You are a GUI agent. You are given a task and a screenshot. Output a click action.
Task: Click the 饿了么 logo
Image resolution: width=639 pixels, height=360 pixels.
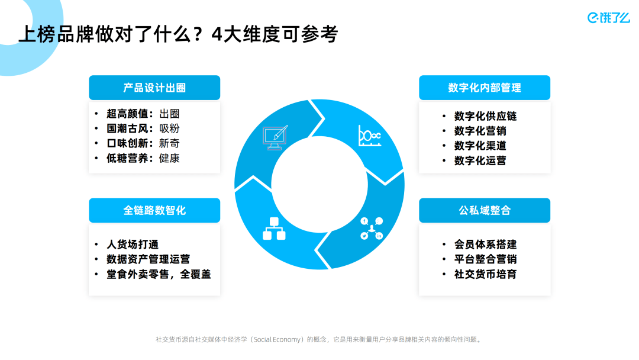pyautogui.click(x=608, y=18)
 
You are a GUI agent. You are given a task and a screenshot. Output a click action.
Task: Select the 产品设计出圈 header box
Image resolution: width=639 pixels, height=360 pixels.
pyautogui.click(x=154, y=88)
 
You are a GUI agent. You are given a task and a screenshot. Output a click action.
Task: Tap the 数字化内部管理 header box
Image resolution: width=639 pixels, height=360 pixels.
pyautogui.click(x=485, y=88)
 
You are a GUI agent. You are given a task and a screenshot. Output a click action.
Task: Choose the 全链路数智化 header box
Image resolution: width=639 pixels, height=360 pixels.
pyautogui.click(x=154, y=210)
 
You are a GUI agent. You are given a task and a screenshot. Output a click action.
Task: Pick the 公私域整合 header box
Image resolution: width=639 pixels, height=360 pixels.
pyautogui.click(x=485, y=210)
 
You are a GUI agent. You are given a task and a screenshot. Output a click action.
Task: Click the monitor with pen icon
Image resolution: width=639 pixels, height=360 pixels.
pyautogui.click(x=275, y=137)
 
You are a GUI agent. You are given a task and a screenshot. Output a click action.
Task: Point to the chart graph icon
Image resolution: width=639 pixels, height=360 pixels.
pyautogui.click(x=370, y=136)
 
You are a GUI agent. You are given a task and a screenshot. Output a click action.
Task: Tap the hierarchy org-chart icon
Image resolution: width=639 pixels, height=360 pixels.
pyautogui.click(x=274, y=229)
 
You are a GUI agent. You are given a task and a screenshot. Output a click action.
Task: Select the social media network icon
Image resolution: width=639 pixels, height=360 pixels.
pyautogui.click(x=372, y=229)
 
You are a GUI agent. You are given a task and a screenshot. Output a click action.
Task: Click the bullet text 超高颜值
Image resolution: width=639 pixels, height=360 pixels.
pyautogui.click(x=127, y=114)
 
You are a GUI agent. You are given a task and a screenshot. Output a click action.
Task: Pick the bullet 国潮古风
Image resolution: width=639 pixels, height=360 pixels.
pyautogui.click(x=127, y=128)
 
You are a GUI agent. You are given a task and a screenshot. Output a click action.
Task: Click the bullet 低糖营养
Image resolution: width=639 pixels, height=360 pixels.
pyautogui.click(x=127, y=158)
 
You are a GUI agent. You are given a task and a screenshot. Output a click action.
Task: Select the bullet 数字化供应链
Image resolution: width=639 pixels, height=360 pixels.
pyautogui.click(x=485, y=116)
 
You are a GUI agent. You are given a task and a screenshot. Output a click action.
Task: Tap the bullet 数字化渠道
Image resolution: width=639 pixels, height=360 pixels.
pyautogui.click(x=480, y=146)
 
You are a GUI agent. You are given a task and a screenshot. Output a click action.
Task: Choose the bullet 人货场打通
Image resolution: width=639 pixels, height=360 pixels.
pyautogui.click(x=133, y=244)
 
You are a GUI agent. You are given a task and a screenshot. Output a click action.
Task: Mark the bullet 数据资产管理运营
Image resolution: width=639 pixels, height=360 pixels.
pyautogui.click(x=149, y=259)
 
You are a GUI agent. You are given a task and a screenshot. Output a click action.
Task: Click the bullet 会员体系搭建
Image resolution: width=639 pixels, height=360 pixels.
pyautogui.click(x=485, y=244)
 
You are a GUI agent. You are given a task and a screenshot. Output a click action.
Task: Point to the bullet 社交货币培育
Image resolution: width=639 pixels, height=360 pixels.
pyautogui.click(x=485, y=274)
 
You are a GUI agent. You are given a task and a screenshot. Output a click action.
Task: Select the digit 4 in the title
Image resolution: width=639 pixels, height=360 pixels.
pyautogui.click(x=217, y=34)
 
